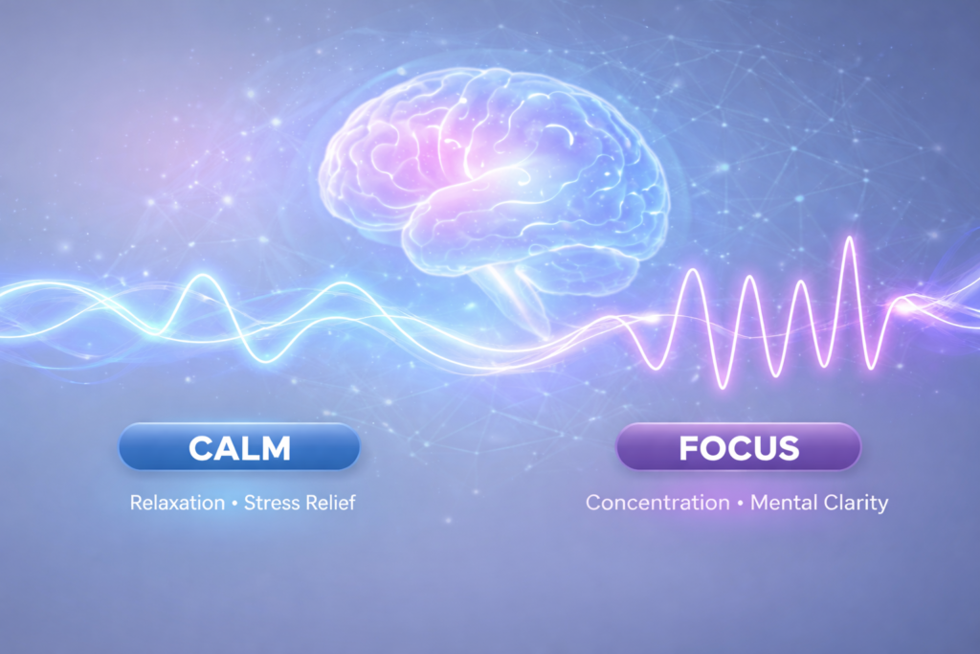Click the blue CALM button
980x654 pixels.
239,447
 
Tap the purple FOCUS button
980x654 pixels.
738,447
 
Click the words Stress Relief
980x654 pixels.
300,502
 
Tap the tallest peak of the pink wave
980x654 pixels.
847,238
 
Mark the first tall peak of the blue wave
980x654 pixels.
204,277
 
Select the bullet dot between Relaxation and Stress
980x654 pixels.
234,503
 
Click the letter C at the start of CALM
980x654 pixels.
203,447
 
